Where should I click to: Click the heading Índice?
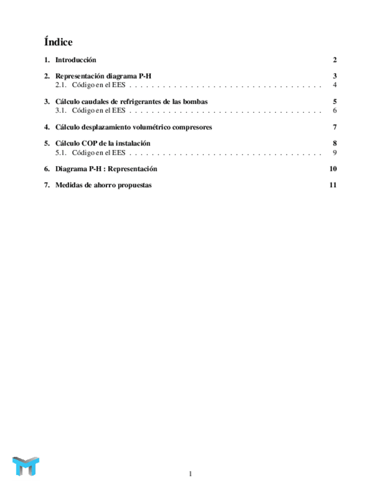point(58,42)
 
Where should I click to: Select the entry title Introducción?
point(76,60)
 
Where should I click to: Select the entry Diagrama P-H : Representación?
point(106,169)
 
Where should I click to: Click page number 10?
point(333,169)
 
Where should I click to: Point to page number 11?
point(333,185)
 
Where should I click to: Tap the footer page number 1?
point(190,474)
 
